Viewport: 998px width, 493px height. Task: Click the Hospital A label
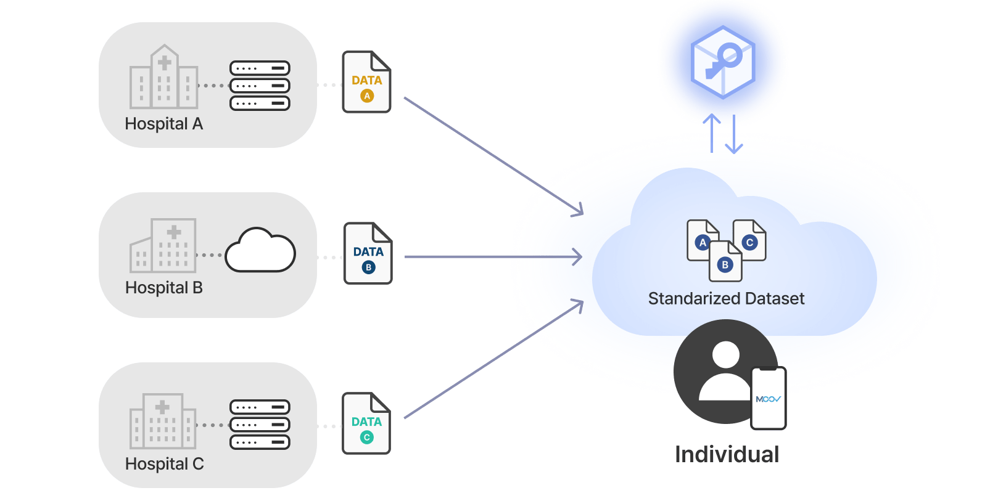tap(163, 124)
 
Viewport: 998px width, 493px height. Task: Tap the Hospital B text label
tap(163, 288)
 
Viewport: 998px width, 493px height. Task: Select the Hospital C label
tap(164, 464)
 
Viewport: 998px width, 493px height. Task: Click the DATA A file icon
tap(367, 83)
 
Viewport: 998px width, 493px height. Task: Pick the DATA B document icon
tap(368, 254)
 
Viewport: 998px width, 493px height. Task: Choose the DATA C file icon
tap(366, 424)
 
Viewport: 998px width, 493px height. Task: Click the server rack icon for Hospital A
tap(260, 86)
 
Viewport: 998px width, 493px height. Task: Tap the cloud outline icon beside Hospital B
tap(260, 251)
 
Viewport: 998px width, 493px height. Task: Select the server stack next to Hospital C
tap(260, 425)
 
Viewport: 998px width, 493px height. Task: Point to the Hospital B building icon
tap(163, 246)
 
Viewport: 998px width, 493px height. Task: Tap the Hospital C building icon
tap(163, 422)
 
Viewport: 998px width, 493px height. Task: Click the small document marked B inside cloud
tap(725, 261)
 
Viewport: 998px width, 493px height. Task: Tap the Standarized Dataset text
tap(726, 299)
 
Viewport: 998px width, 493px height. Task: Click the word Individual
tap(727, 455)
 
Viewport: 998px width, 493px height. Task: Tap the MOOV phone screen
tap(769, 399)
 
